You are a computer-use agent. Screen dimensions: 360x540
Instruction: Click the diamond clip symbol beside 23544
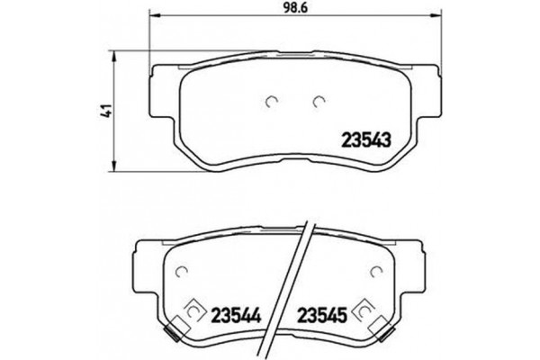pos(192,311)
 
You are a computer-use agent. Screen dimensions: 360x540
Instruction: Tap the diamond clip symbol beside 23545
pos(364,311)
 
